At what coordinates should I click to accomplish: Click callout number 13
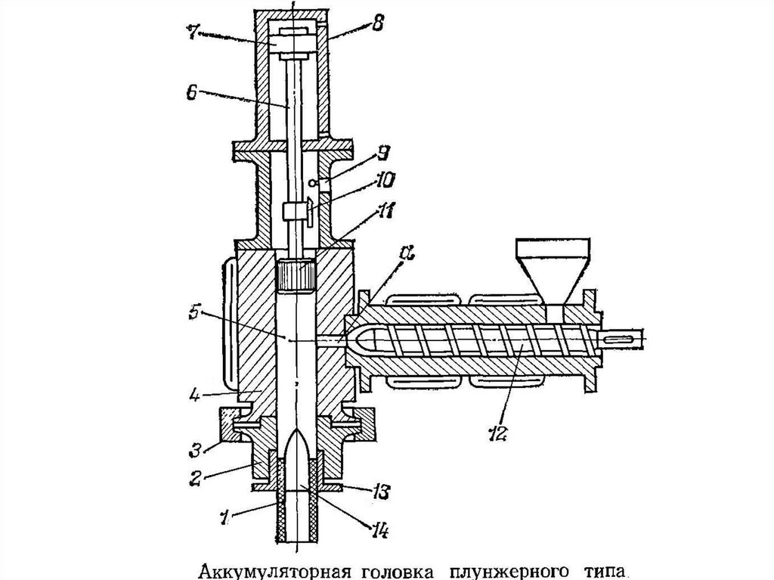click(x=381, y=492)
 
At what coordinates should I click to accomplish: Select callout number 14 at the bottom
click(x=379, y=531)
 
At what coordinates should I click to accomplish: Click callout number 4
click(x=194, y=395)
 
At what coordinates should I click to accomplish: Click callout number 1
click(x=224, y=516)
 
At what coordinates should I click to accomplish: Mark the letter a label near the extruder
click(x=407, y=253)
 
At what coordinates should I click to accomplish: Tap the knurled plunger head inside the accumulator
click(x=296, y=274)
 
